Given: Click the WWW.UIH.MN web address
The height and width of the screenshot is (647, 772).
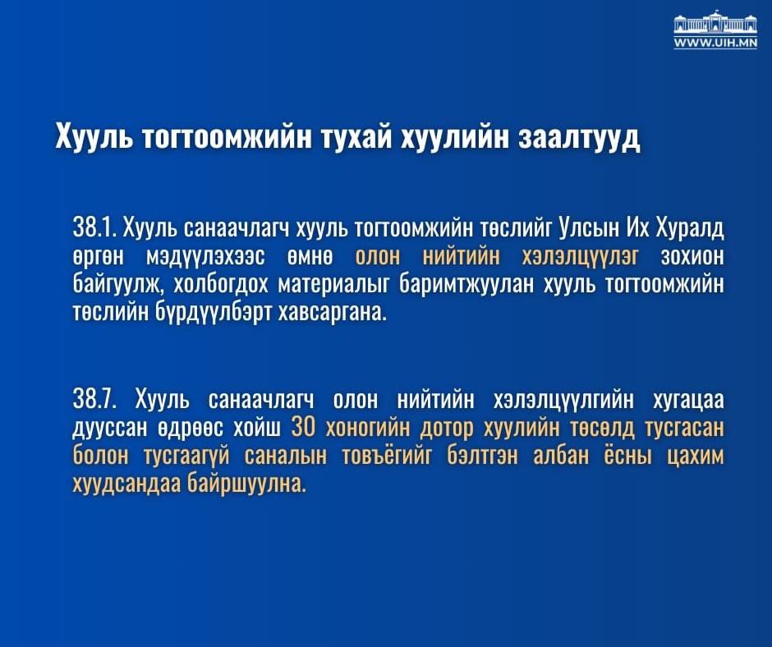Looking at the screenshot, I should (715, 43).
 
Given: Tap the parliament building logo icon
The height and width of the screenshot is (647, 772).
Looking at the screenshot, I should (715, 23).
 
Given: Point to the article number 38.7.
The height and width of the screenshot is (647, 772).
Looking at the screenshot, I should (97, 400).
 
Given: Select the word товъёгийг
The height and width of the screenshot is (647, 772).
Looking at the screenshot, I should (354, 457).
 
